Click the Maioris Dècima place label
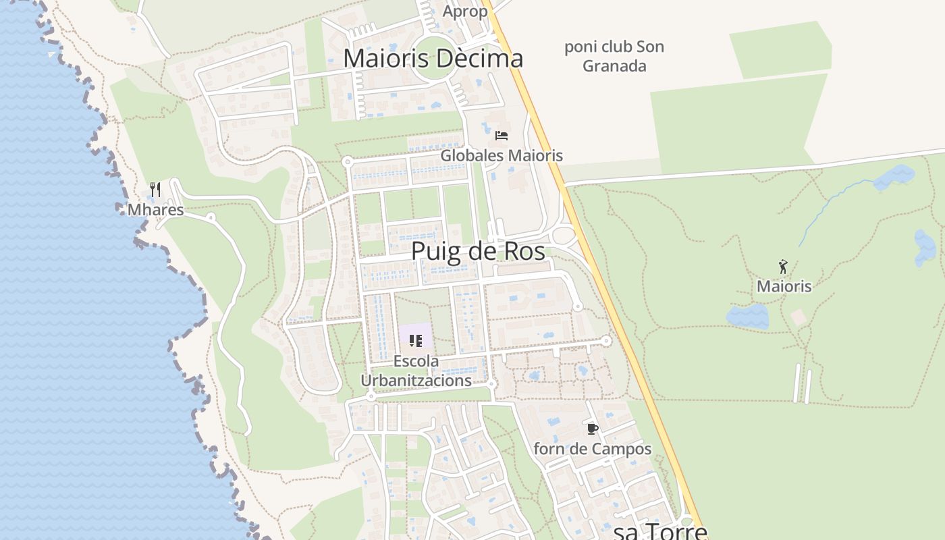point(433,59)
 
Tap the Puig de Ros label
point(478,251)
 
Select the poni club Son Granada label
point(614,56)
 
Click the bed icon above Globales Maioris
point(501,136)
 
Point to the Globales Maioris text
point(502,156)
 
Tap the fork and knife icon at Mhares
point(155,189)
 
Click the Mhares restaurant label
point(155,210)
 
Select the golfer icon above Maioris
point(783,267)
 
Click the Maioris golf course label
point(784,286)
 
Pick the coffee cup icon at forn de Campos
point(592,429)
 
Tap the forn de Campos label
point(593,449)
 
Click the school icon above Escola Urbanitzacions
point(415,341)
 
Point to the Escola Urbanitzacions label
point(416,371)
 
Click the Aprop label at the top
point(465,11)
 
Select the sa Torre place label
point(660,531)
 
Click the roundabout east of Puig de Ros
point(563,236)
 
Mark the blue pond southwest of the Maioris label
point(747,316)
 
